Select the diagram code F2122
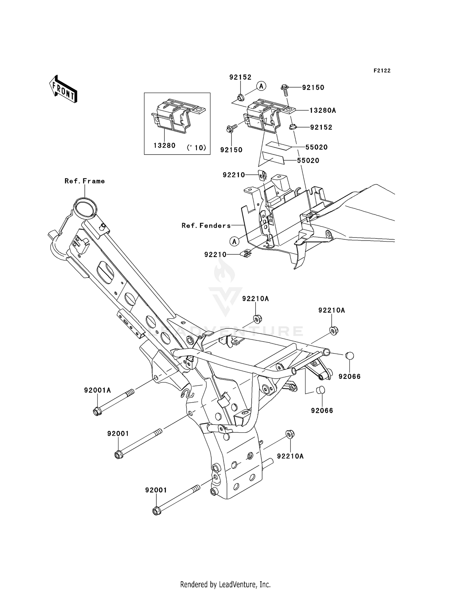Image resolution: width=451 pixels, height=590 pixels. (x=382, y=71)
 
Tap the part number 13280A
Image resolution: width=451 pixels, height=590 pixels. (x=323, y=111)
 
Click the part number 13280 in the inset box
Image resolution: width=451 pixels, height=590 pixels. (x=164, y=146)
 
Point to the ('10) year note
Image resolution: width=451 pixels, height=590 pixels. (x=196, y=148)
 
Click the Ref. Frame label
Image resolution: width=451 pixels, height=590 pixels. (x=85, y=181)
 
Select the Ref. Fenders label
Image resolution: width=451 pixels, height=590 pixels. (x=206, y=226)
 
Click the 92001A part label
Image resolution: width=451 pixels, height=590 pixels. (x=97, y=390)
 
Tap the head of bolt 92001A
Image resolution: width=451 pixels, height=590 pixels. (x=97, y=411)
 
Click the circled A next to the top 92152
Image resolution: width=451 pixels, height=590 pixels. (x=261, y=86)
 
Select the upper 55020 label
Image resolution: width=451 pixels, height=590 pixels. (x=316, y=147)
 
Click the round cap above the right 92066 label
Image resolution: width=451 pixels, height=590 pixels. (x=349, y=355)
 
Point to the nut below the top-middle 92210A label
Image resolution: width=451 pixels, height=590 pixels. (x=257, y=318)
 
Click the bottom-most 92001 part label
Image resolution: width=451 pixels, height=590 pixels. (x=156, y=490)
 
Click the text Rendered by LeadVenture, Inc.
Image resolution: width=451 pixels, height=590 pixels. (x=225, y=584)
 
